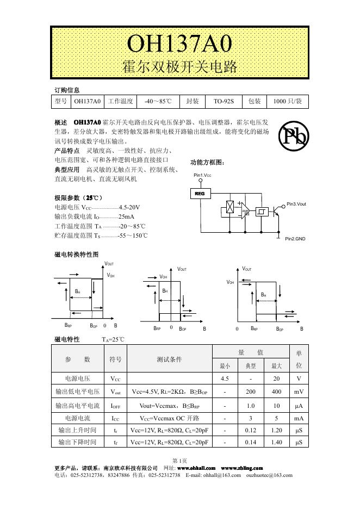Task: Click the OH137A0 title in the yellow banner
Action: point(179,43)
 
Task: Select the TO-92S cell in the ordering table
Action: point(224,102)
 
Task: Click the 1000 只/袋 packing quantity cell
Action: point(287,102)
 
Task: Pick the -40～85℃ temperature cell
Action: point(158,102)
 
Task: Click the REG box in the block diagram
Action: point(200,193)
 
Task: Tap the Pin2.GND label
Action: point(295,239)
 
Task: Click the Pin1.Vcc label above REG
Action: point(202,176)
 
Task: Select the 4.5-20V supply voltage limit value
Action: point(129,207)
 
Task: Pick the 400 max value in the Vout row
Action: point(277,392)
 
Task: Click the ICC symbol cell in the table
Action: point(116,418)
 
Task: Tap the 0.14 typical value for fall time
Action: point(251,443)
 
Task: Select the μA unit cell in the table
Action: point(299,405)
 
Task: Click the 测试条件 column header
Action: point(169,359)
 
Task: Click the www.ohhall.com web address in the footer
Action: point(196,468)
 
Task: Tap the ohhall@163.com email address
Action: point(222,475)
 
